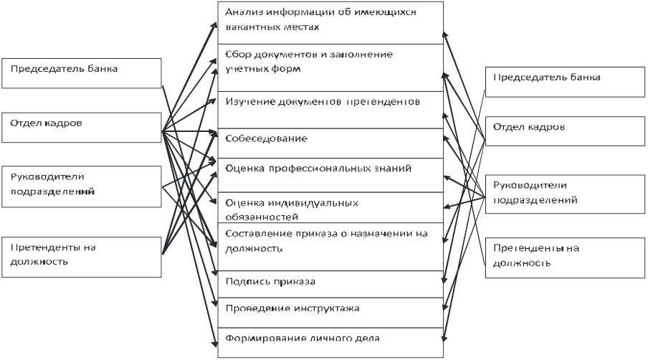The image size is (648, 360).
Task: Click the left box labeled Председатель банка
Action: pos(82,73)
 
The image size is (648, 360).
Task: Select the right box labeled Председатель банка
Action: pos(565,82)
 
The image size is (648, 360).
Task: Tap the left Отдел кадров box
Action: pos(82,128)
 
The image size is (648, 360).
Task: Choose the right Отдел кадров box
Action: pos(565,131)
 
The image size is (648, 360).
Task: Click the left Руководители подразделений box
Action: pos(82,186)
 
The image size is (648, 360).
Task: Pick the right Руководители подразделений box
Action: pos(565,194)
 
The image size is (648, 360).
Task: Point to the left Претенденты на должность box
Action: pos(82,257)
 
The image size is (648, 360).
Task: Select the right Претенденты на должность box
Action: pos(565,258)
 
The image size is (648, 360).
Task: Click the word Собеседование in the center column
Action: pos(266,138)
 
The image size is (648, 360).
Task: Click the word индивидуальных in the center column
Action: pos(313,203)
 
